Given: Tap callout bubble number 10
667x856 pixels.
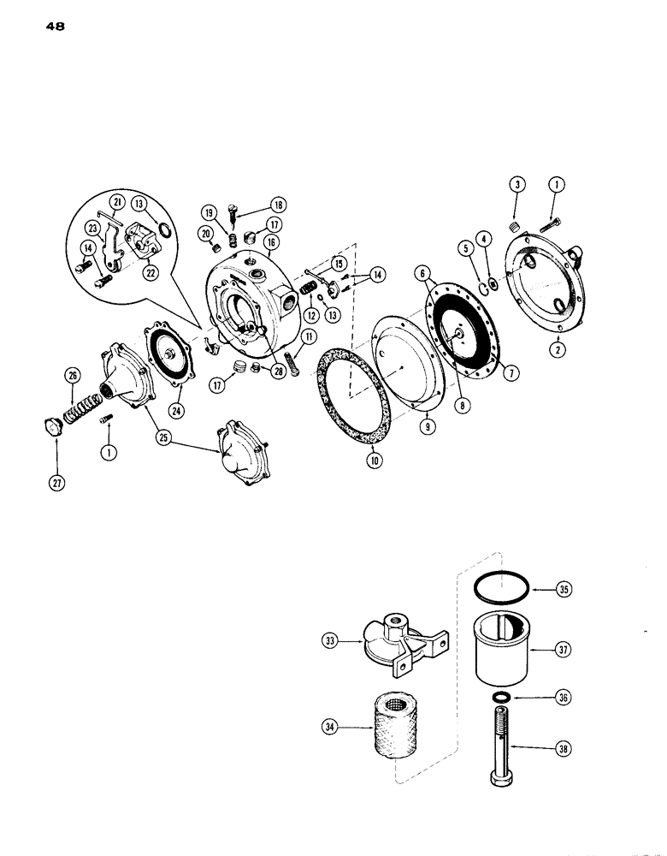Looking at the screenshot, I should pyautogui.click(x=374, y=461).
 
